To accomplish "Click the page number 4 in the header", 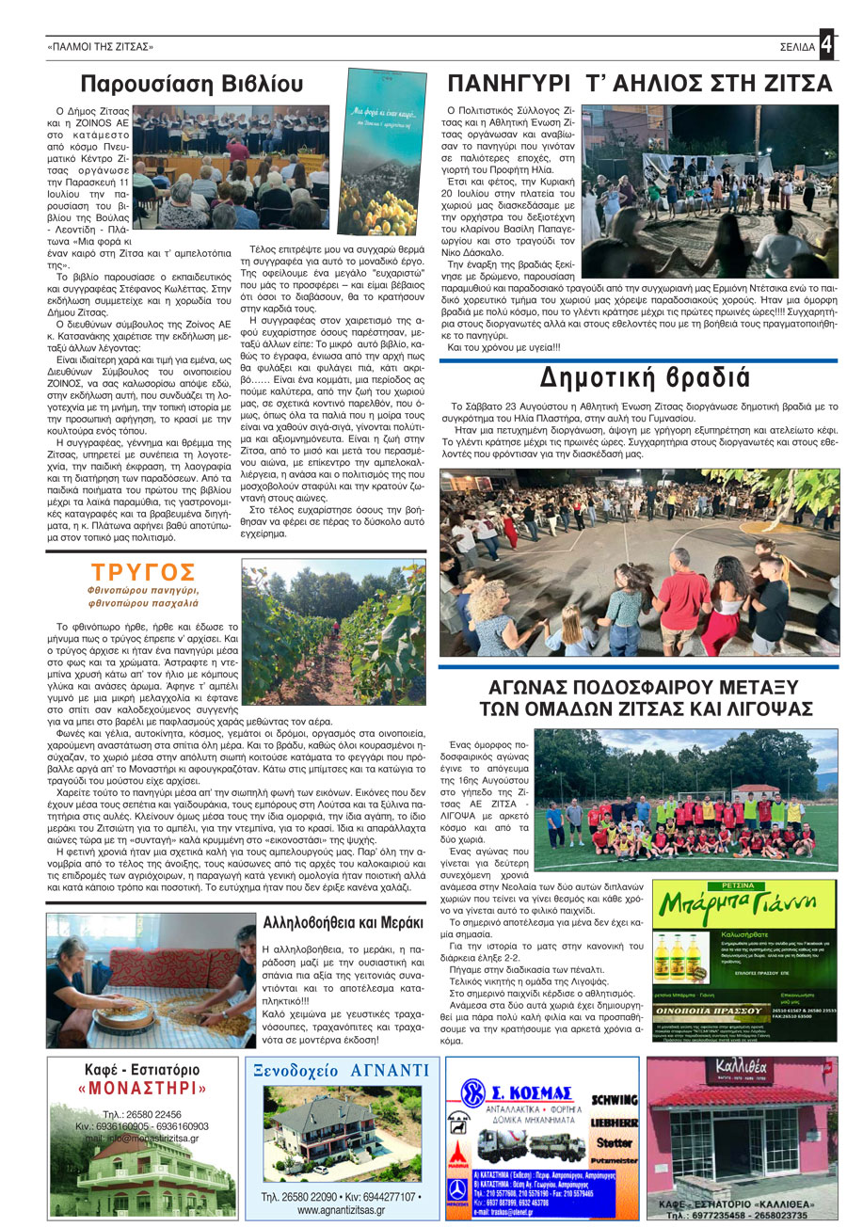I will click(x=825, y=44).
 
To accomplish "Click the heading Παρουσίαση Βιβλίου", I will click(x=191, y=85).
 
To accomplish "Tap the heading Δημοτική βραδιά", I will click(x=645, y=378).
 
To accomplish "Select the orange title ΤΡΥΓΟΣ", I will click(x=143, y=572).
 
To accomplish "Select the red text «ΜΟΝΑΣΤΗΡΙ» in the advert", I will click(x=142, y=1088).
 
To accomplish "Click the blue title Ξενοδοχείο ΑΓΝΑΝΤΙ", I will click(x=343, y=1071).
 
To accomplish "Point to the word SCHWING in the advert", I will click(x=614, y=1100).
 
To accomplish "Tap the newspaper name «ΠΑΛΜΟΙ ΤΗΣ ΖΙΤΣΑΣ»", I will click(x=100, y=46).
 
